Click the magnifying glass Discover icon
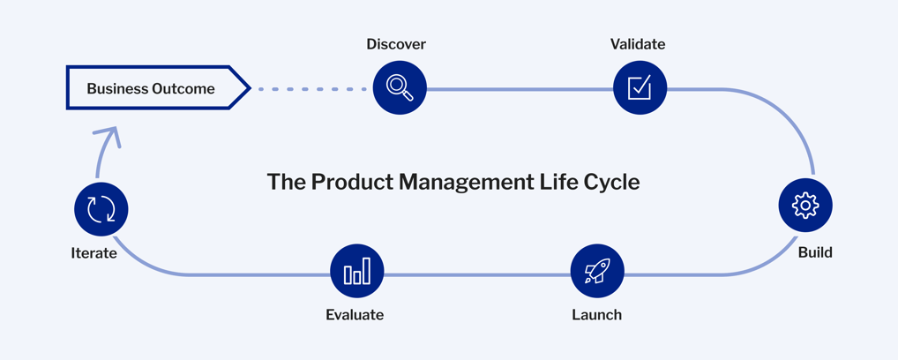[400, 87]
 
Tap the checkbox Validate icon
[640, 87]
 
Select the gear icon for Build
[805, 206]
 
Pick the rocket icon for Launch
[597, 271]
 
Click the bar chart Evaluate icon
[357, 271]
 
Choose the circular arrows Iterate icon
[101, 209]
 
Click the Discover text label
[396, 44]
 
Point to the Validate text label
[638, 44]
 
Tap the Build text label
[815, 253]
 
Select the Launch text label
[597, 315]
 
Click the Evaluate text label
[355, 315]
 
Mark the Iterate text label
[94, 253]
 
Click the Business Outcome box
[158, 87]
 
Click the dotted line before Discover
[311, 89]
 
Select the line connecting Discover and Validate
[520, 89]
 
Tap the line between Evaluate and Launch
[477, 275]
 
